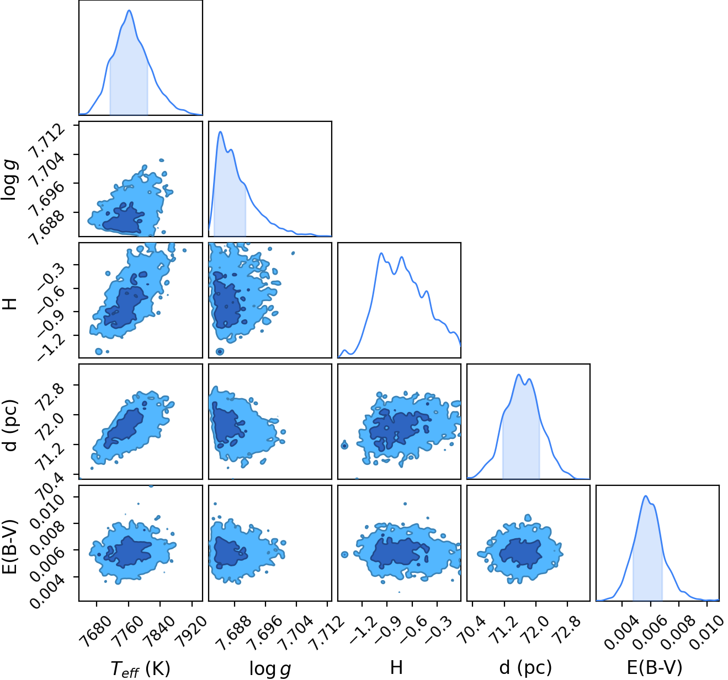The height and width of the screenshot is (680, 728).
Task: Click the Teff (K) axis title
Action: pos(140,668)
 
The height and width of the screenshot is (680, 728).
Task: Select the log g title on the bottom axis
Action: pos(270,668)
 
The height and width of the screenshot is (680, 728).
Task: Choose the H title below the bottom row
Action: pos(396,667)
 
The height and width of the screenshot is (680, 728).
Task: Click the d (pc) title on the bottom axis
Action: pos(525,668)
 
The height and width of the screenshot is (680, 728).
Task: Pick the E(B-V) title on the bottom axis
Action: pos(655,667)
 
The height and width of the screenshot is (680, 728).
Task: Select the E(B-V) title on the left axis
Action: pos(9,547)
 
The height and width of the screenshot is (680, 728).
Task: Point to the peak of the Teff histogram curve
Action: pos(129,10)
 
